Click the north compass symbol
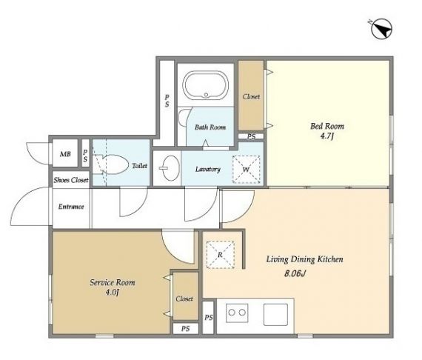pos(381,29)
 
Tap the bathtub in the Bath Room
pos(206,85)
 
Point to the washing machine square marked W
pos(247,170)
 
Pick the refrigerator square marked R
pos(221,255)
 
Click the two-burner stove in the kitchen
pos(237,313)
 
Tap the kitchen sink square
pos(276,315)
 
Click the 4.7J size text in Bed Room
pos(326,136)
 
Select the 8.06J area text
pos(295,273)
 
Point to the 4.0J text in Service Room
pos(113,292)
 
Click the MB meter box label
pos(65,154)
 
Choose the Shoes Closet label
pos(71,180)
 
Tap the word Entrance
pos(71,207)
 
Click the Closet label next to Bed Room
pos(252,96)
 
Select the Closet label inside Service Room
pos(184,299)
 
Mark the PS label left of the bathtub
pos(167,101)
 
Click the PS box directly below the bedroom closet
pos(251,136)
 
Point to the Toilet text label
pos(139,166)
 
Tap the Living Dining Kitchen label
pos(305,259)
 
